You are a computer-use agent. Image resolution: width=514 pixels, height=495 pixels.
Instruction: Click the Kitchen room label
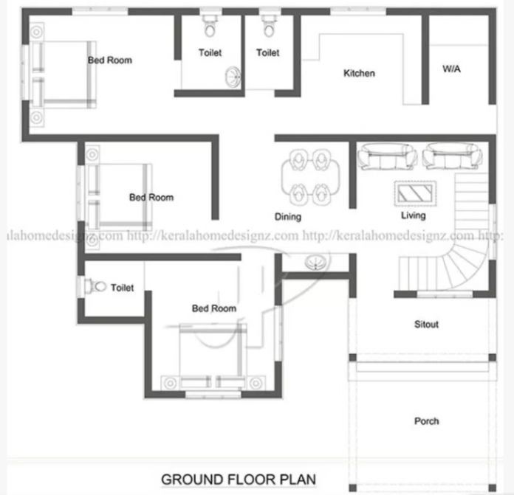pos(359,73)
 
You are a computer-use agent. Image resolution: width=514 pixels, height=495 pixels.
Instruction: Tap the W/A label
pos(451,69)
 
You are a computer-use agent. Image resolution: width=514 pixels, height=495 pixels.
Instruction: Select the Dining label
pos(288,217)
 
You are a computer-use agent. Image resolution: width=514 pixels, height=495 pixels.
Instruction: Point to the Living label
pos(414,215)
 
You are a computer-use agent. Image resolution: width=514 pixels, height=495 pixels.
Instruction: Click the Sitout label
pos(426,324)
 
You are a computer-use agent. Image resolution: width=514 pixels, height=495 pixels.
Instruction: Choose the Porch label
pos(426,421)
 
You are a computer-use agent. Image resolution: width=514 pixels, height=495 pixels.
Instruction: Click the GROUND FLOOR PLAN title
pos(239,480)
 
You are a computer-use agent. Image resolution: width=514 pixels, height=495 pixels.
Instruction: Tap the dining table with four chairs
pos(310,177)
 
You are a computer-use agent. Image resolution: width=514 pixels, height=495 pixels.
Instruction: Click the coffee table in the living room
pos(415,193)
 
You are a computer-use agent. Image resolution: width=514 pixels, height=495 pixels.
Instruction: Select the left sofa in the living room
pos(387,156)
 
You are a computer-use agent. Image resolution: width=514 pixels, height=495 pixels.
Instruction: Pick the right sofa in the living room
pos(452,156)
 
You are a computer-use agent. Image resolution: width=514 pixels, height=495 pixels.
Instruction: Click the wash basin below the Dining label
pos(315,262)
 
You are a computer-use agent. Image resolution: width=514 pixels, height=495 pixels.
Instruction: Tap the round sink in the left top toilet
pos(233,77)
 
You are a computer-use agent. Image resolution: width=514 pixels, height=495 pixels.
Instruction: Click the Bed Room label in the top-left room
pos(110,60)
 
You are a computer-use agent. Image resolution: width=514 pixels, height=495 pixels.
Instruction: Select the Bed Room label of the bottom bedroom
pos(214,308)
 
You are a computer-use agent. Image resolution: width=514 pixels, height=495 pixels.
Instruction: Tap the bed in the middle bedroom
pos(119,196)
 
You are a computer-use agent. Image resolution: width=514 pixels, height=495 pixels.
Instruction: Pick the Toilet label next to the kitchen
pos(268,52)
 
